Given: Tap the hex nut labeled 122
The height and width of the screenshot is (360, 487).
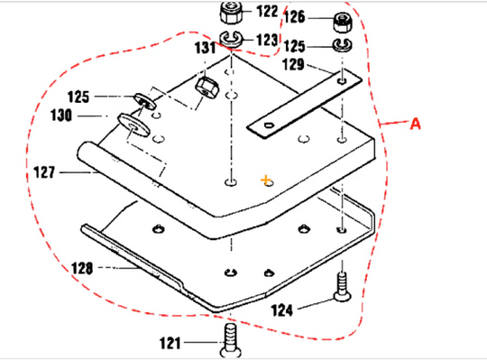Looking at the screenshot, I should coord(228,13).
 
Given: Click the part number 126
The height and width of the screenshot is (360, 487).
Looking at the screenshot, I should coord(299,17).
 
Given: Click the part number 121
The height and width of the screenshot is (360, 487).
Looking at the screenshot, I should coord(169,343).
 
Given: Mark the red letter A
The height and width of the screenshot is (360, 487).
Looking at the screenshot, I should coord(415,125).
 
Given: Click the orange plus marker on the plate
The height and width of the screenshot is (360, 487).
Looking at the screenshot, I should coord(266,180).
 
